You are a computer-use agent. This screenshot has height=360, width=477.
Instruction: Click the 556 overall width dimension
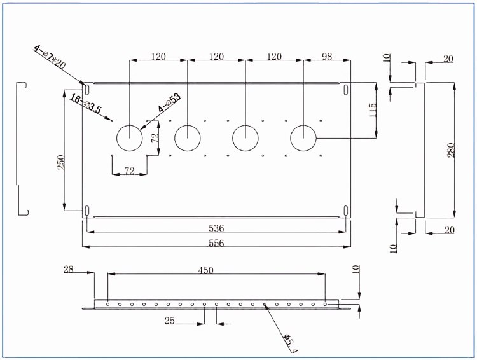(216, 243)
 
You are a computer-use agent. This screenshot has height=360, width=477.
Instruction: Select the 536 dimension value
(216, 228)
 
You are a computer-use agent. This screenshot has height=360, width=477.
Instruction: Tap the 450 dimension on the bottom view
(205, 270)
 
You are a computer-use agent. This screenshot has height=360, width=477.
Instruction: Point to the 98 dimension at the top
(327, 57)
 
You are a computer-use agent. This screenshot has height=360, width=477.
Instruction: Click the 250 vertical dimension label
(61, 162)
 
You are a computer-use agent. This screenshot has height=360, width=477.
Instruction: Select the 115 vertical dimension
(372, 110)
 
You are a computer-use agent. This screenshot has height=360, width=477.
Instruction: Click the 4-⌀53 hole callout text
(169, 103)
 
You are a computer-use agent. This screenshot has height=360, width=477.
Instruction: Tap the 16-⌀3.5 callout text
(85, 104)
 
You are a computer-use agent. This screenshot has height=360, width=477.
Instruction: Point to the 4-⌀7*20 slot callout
(49, 57)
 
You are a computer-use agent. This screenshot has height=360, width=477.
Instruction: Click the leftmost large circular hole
(130, 138)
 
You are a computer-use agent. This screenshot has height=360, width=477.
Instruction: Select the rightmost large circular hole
(303, 138)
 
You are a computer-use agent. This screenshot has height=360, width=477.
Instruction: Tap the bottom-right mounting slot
(346, 211)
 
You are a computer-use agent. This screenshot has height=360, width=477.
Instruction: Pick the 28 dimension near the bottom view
(69, 269)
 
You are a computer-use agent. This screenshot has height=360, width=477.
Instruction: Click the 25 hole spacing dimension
(170, 321)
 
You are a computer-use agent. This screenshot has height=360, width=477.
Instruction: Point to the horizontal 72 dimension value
(130, 171)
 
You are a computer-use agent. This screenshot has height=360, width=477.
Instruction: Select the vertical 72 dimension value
(155, 138)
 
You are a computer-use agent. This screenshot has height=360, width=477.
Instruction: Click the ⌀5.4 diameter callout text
(290, 343)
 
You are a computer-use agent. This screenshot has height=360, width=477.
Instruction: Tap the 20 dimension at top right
(448, 59)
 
